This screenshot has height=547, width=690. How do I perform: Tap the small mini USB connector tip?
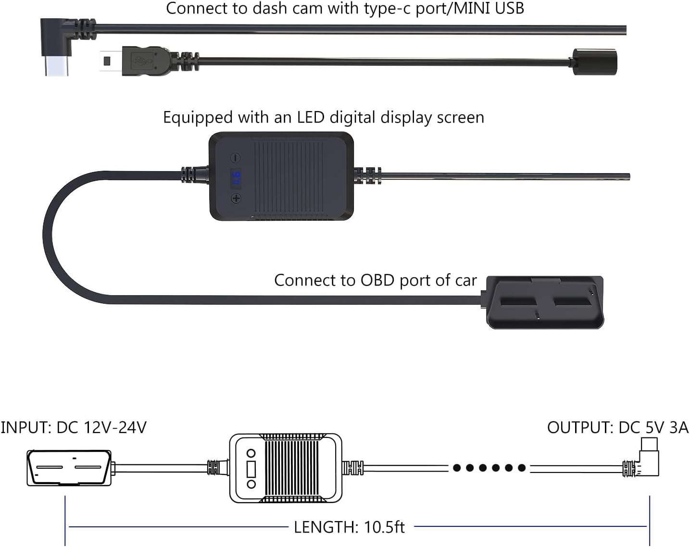pyautogui.click(x=111, y=61)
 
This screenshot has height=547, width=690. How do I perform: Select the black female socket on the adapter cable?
pyautogui.click(x=594, y=62)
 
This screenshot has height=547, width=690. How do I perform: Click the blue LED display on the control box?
pyautogui.click(x=236, y=177)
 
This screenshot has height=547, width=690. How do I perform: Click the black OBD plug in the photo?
pyautogui.click(x=542, y=302)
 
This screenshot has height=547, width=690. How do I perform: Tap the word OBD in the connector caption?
pyautogui.click(x=377, y=280)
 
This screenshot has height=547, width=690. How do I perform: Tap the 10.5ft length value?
pyautogui.click(x=385, y=527)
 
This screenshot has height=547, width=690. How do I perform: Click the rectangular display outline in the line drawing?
pyautogui.click(x=251, y=469)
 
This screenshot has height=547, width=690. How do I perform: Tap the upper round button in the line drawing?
pyautogui.click(x=251, y=453)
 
